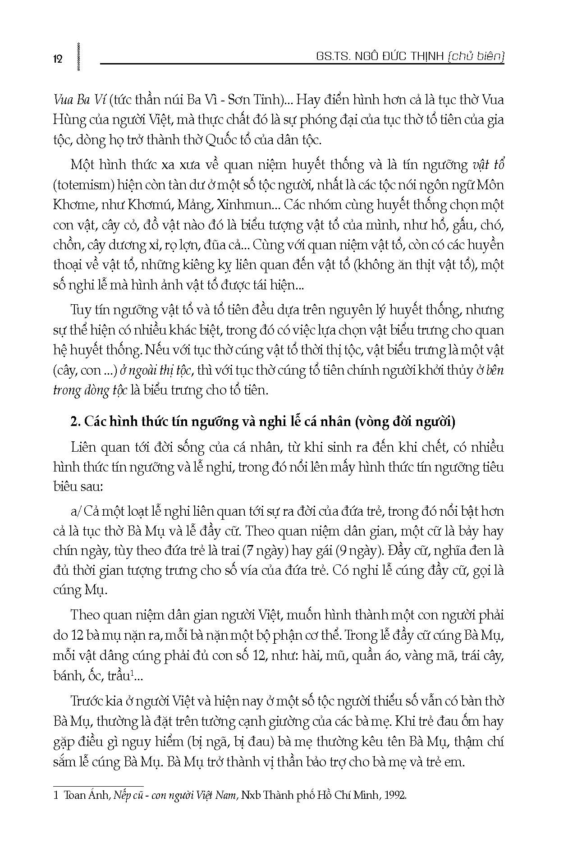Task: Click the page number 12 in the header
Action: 58,59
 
